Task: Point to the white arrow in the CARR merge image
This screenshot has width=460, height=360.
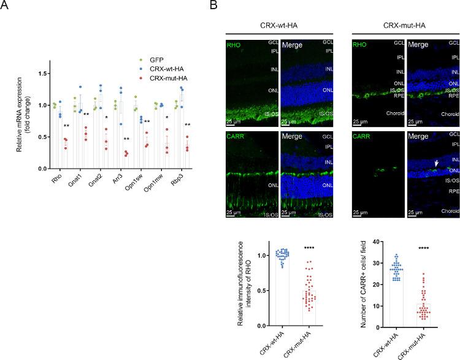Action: coord(418,164)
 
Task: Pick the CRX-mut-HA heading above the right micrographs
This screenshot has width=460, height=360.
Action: coord(402,25)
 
